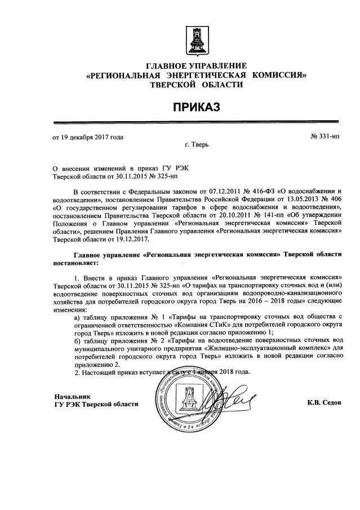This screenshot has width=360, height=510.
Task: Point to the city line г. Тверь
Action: pyautogui.click(x=197, y=145)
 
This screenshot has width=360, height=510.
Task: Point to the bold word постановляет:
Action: pyautogui.click(x=75, y=263)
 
